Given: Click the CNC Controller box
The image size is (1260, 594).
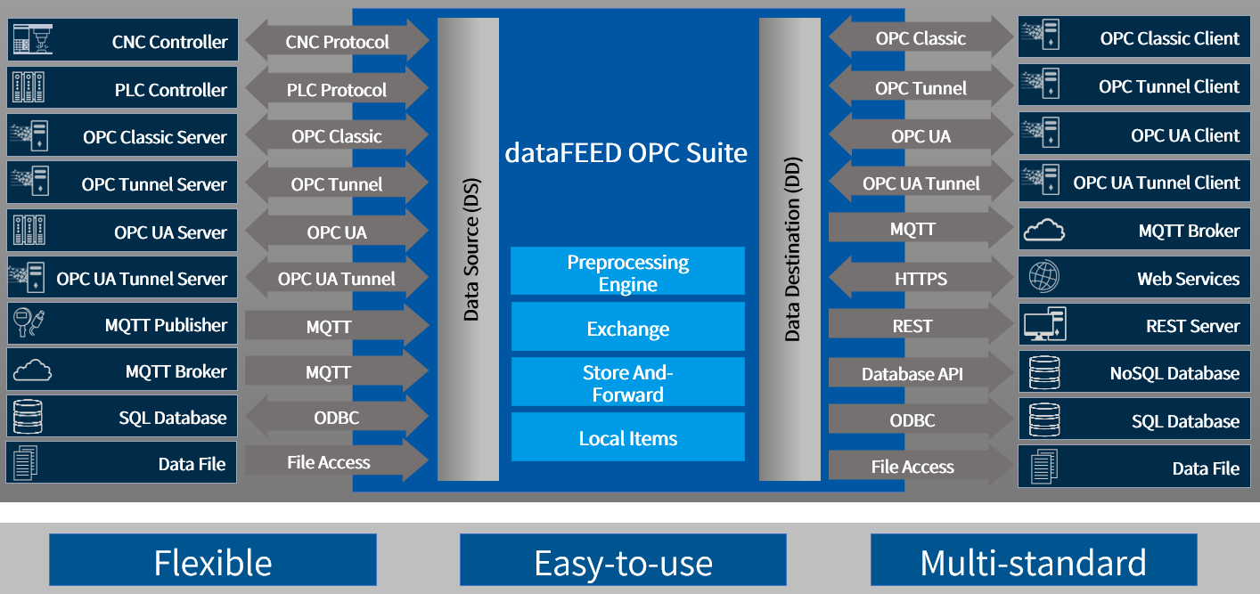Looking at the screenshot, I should click(x=122, y=41).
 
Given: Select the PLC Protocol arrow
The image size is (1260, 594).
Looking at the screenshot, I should click(x=336, y=89).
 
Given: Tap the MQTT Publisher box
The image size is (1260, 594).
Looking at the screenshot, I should click(x=122, y=324).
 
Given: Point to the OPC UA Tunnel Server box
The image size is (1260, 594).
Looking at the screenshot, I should click(x=122, y=278).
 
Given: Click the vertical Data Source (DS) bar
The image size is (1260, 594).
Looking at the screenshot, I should click(x=469, y=249).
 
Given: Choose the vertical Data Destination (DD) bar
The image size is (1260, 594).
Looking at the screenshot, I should click(x=790, y=249).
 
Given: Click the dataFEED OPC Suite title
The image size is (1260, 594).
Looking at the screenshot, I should click(x=626, y=152).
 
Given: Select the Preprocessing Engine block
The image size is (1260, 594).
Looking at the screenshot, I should click(x=627, y=272).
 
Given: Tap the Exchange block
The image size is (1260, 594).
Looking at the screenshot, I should click(x=627, y=328).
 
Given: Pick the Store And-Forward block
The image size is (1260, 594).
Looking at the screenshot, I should click(x=627, y=383).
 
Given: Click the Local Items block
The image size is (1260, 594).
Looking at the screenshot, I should click(x=627, y=437).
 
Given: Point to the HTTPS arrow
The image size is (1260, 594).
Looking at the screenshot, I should click(x=920, y=279).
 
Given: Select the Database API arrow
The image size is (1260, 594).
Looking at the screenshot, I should click(x=912, y=373).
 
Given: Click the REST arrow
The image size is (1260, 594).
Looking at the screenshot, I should click(x=912, y=326).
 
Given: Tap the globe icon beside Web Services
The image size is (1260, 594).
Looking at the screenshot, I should click(x=1043, y=277).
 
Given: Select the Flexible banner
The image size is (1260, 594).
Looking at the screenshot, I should click(x=212, y=561).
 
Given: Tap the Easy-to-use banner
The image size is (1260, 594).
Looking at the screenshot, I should click(x=623, y=561).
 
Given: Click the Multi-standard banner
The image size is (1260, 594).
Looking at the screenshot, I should click(x=1033, y=561).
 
